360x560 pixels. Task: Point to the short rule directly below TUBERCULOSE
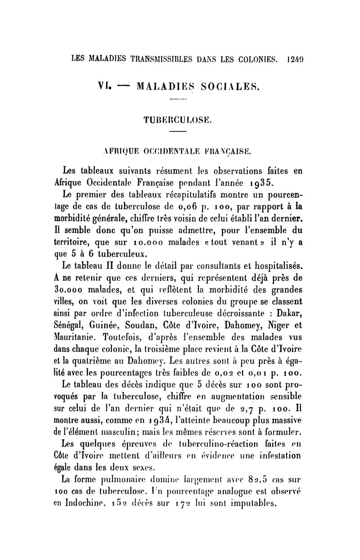[x=179, y=132]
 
